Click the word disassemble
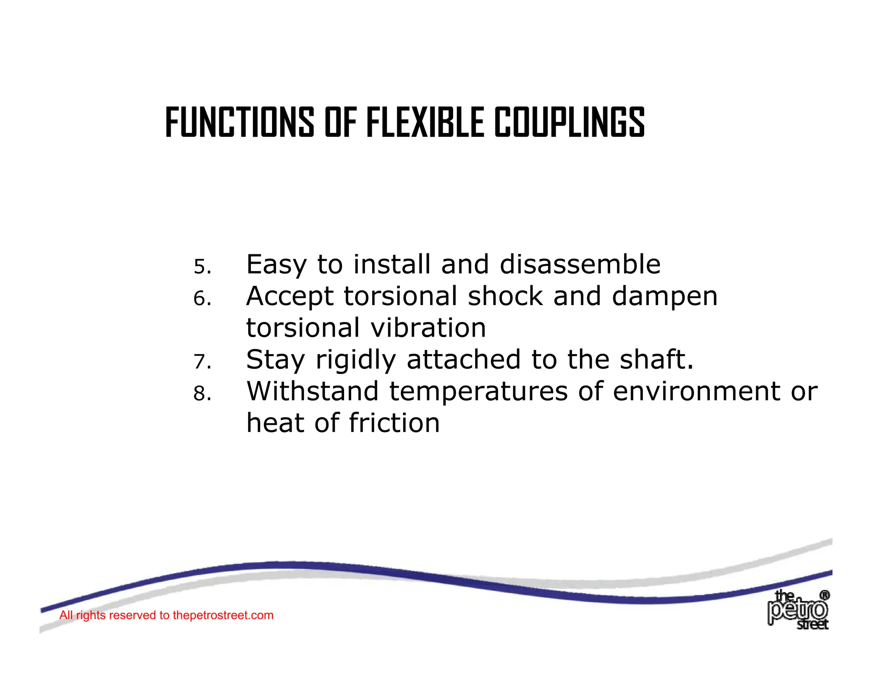point(580,264)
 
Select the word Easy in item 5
point(276,265)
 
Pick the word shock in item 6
point(505,296)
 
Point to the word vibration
point(428,328)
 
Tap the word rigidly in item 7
point(356,360)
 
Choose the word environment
point(697,392)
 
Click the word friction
point(394,423)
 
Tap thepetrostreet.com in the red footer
point(223,615)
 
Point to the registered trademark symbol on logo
point(824,595)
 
